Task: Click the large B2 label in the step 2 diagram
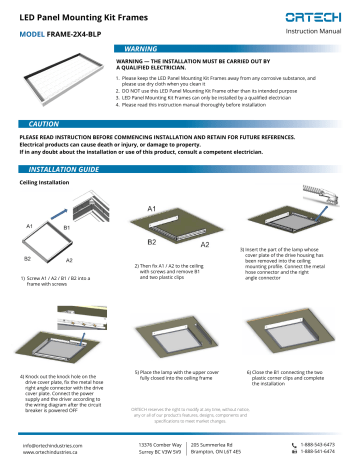(x=152, y=243)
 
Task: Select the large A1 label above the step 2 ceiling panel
(x=152, y=208)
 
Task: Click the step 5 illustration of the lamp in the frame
(x=180, y=311)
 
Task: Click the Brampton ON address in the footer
(x=222, y=447)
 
